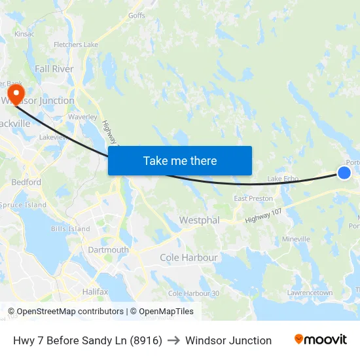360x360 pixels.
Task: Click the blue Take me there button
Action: coord(180,160)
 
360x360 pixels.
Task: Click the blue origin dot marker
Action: coord(344,172)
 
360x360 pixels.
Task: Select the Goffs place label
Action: coord(137,15)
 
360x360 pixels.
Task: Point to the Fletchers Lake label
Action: coord(76,45)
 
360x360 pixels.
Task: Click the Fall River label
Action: coord(54,69)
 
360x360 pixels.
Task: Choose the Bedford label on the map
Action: coord(26,183)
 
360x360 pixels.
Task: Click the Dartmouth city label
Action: coord(108,250)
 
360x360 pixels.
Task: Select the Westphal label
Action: coord(200,220)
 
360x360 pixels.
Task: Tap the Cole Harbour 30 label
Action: coord(194,293)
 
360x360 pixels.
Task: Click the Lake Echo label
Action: coord(283,179)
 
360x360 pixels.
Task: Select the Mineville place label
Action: coord(296,240)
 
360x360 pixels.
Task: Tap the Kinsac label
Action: coord(24,33)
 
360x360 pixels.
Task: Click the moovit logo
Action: coord(321,340)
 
